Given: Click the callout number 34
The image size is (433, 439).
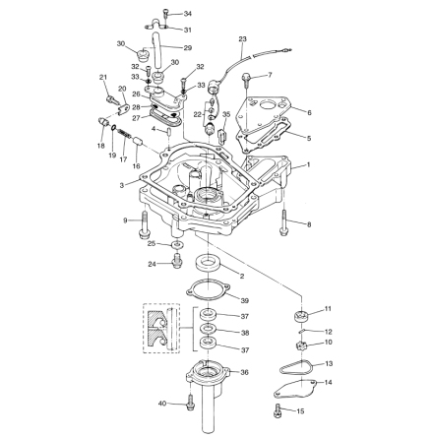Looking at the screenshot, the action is [188, 14].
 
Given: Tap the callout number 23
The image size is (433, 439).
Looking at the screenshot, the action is [242, 39].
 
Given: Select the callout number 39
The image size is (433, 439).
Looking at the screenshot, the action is [245, 300].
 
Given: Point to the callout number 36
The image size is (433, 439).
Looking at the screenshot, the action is [245, 372].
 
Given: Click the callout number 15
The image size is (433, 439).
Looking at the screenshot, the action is [300, 411].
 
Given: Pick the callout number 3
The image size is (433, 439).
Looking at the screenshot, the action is [122, 186].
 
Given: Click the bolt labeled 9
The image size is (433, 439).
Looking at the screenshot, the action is [145, 225].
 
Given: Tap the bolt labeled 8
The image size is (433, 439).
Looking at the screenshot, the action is [283, 222].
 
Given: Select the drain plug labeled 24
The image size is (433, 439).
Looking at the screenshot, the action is [177, 262].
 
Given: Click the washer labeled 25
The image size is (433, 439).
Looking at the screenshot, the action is [177, 244].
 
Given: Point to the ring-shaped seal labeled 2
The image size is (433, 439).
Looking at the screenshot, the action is [209, 263].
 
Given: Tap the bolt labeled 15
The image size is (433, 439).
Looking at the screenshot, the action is [278, 410].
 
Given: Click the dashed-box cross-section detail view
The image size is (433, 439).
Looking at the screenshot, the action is [161, 328].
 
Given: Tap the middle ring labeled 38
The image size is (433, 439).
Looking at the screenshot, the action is [209, 328].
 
